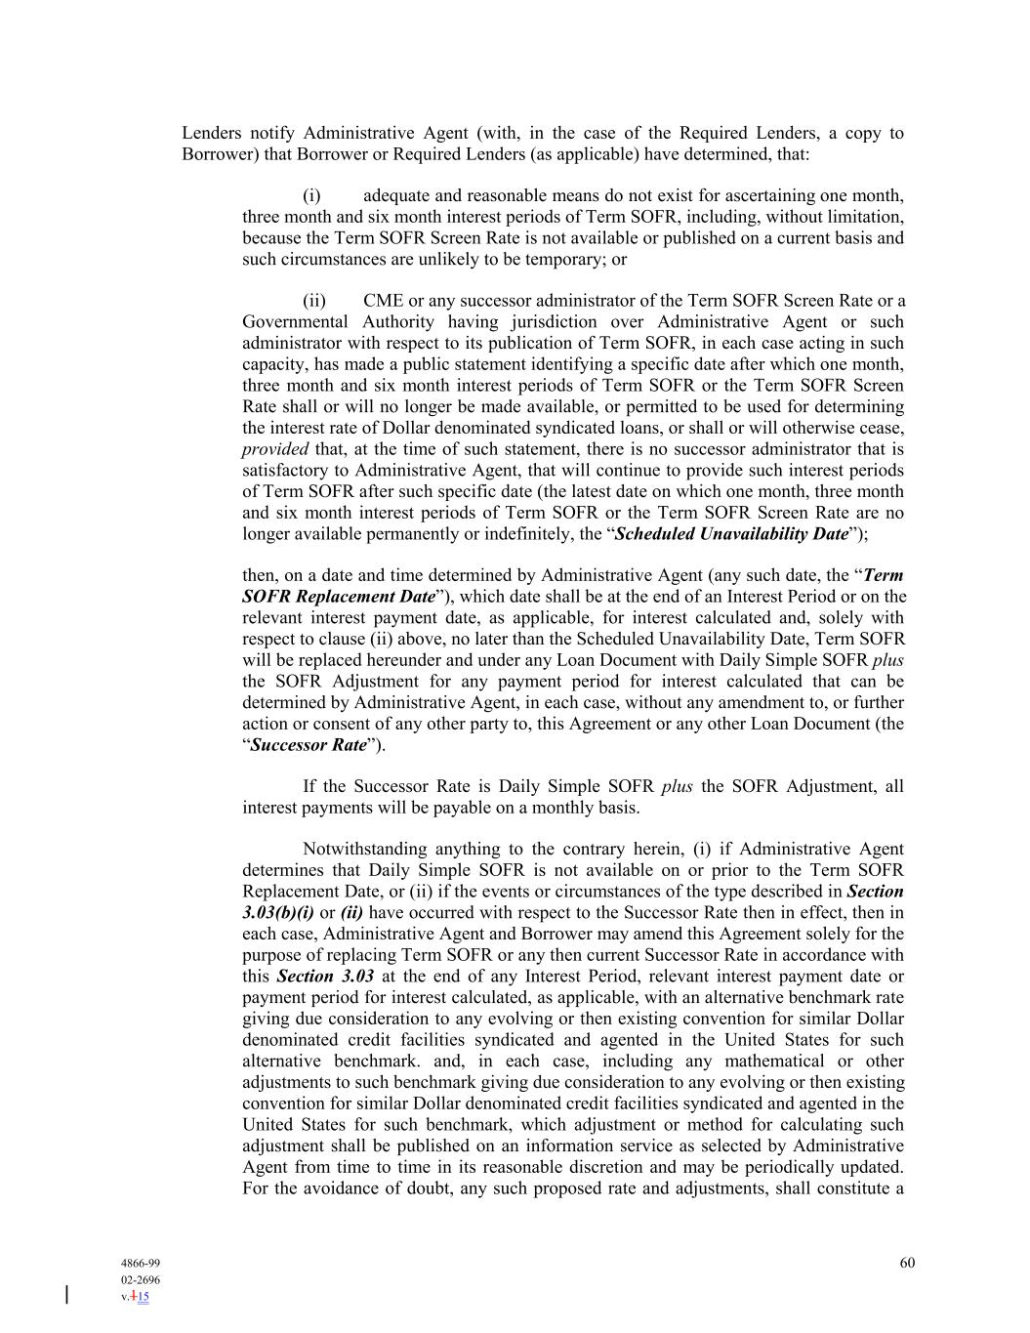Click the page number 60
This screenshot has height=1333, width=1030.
[907, 1263]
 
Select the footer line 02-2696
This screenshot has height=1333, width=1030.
[141, 1279]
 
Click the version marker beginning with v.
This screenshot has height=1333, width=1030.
[136, 1297]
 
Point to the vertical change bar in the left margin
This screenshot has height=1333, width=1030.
[66, 1295]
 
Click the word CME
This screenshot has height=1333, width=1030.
[383, 301]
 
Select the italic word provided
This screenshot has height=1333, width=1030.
[274, 449]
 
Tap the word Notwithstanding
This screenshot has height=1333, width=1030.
[363, 850]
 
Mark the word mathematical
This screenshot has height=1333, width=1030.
[765, 1062]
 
